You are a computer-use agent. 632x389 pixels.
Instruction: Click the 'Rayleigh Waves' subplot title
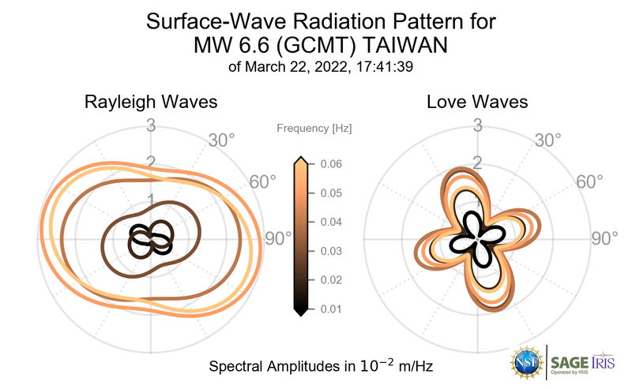[151, 103]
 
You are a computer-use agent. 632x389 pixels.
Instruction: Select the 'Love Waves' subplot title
[477, 103]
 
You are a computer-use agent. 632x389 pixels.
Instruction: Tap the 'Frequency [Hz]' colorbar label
[314, 128]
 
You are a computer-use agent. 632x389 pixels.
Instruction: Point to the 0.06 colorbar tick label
[330, 164]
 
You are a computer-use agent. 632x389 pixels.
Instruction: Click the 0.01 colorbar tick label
[330, 309]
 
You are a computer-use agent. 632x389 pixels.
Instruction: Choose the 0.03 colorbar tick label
[330, 251]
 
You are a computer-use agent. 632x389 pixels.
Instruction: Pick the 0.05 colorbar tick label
[330, 193]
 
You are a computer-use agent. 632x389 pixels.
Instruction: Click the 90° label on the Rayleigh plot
[276, 239]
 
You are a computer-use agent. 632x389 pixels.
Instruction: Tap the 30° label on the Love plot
[547, 141]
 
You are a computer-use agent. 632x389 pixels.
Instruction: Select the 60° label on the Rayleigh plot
[263, 182]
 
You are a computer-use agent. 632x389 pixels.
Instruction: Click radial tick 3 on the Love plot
[477, 125]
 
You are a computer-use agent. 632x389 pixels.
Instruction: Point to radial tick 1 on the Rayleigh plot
[151, 200]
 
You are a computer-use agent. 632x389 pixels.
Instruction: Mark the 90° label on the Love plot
[607, 239]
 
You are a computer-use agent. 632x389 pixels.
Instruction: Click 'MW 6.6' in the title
[225, 46]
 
